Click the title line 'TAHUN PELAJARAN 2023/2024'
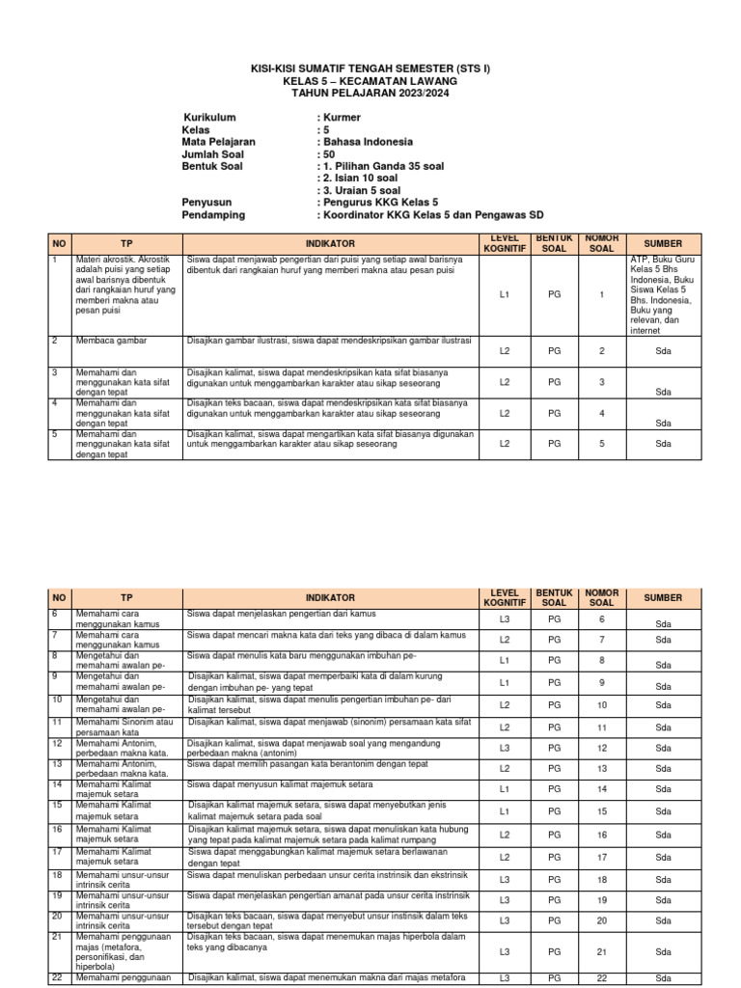370,93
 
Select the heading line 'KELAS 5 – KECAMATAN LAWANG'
370,81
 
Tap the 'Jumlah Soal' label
212,153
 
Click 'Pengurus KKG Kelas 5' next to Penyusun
371,203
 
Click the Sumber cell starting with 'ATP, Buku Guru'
663,294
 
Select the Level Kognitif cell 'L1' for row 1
505,294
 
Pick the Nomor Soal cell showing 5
601,444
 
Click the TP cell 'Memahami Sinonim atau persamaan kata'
125,727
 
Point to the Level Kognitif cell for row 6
505,619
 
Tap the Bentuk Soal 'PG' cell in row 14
554,789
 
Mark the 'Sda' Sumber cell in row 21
663,952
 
